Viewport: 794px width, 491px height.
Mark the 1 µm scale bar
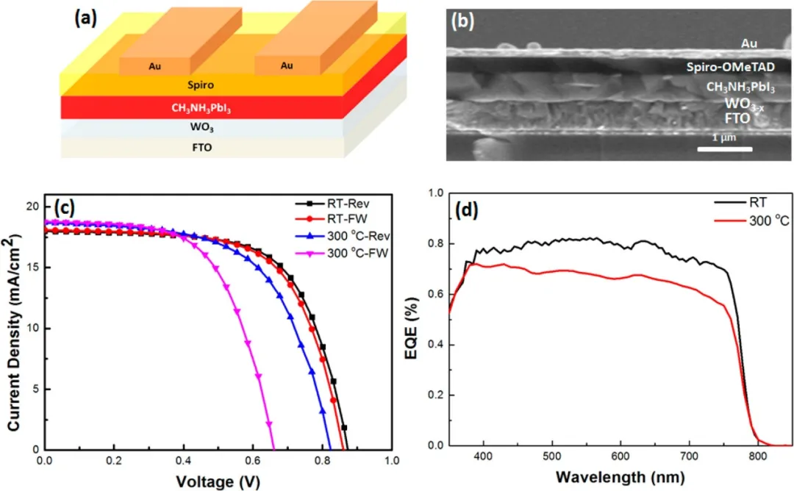(x=724, y=149)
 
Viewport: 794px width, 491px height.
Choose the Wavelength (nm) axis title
(x=620, y=478)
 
